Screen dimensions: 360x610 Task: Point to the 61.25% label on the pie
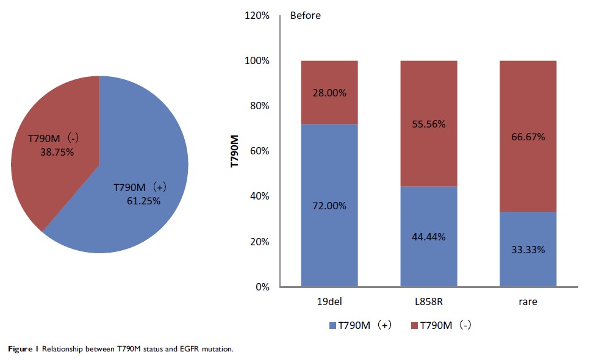[x=143, y=200]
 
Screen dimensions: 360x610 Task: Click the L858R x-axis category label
[x=428, y=301]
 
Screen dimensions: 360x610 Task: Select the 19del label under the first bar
[x=329, y=301]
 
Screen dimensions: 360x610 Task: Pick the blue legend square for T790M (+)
[x=333, y=326]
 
